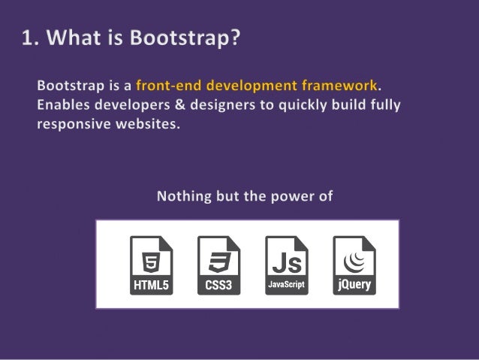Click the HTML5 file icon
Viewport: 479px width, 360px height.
pos(151,265)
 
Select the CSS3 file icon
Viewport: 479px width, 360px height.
pos(218,265)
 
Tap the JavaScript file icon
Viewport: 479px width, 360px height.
pos(287,265)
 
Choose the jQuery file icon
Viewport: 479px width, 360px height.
pos(354,265)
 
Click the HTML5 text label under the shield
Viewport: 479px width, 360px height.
pos(151,286)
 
